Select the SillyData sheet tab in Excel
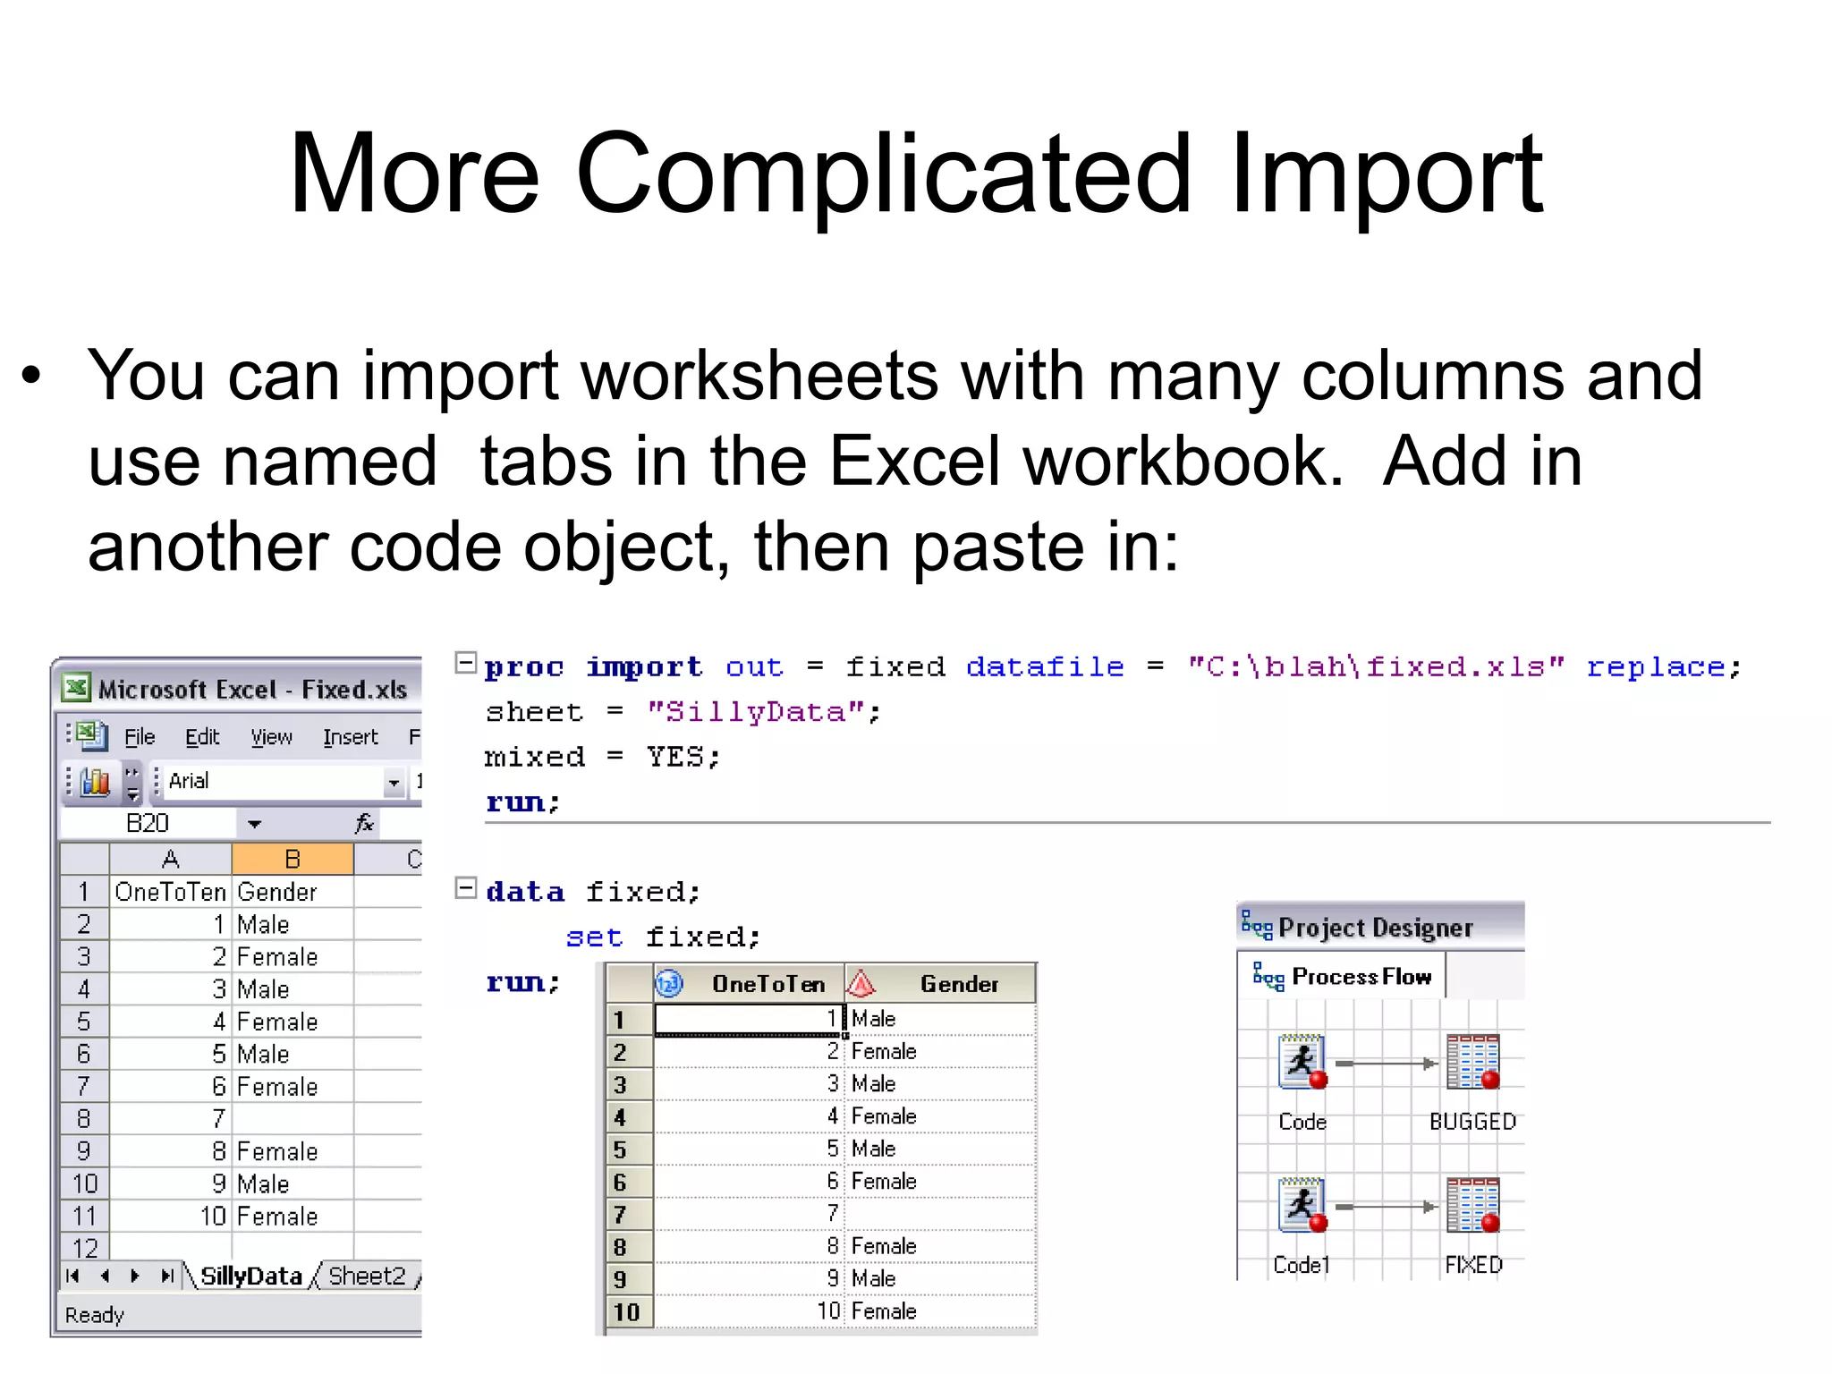coord(250,1276)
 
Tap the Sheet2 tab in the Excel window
coord(367,1276)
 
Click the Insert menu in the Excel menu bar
coord(350,737)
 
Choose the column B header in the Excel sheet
coord(293,860)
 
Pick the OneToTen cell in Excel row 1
coord(170,892)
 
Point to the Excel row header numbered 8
coord(84,1119)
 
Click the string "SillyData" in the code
coord(756,712)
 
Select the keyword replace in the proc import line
coord(1656,667)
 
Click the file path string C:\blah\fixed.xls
coord(1376,667)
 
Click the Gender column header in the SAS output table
coord(959,984)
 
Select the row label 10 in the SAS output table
coord(626,1312)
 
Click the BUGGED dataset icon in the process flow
coord(1472,1063)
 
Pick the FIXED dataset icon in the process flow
coord(1472,1206)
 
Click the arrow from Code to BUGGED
coord(1387,1064)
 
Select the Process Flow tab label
coord(1361,977)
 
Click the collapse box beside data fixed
coord(465,888)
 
